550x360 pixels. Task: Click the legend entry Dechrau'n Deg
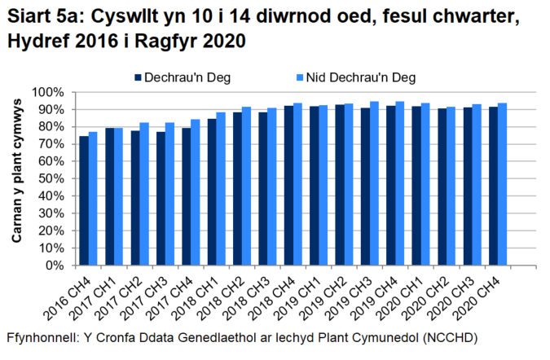(x=171, y=77)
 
